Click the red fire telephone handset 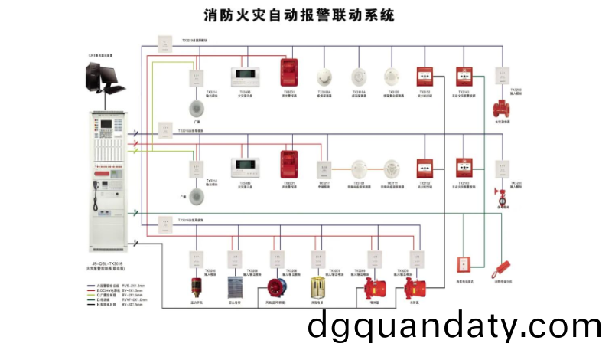(502, 267)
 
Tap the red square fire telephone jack (464, 264)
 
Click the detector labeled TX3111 (392, 169)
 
